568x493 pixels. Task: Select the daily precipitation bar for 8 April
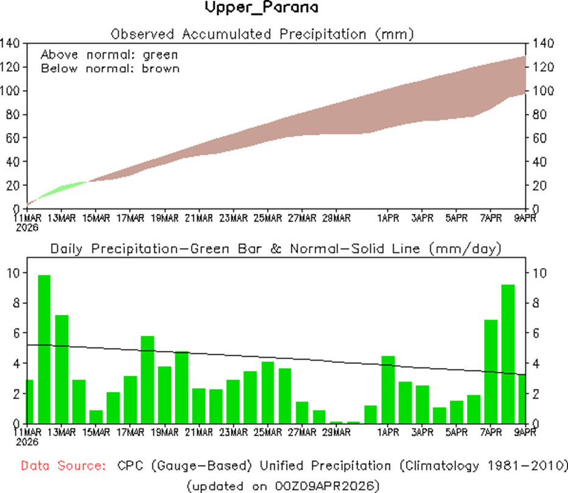[x=508, y=354]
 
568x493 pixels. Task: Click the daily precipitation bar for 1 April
[x=388, y=389]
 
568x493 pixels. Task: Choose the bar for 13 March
[x=61, y=369]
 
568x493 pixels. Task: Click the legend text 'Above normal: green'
[x=110, y=54]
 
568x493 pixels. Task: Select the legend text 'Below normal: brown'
[x=110, y=68]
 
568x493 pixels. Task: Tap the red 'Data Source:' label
[x=61, y=466]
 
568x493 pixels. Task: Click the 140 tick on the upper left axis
[x=12, y=43]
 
